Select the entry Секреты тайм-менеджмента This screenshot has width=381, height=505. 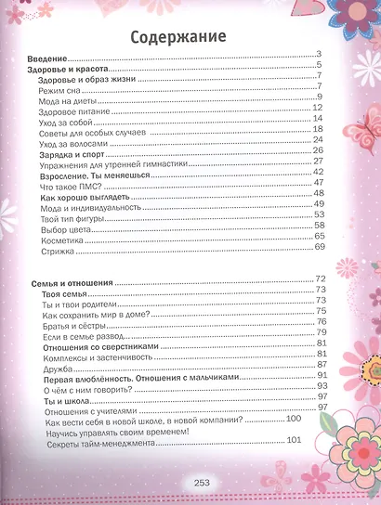tap(98, 444)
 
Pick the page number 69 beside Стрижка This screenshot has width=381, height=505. tap(319, 246)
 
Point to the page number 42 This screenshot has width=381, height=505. tap(318, 172)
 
